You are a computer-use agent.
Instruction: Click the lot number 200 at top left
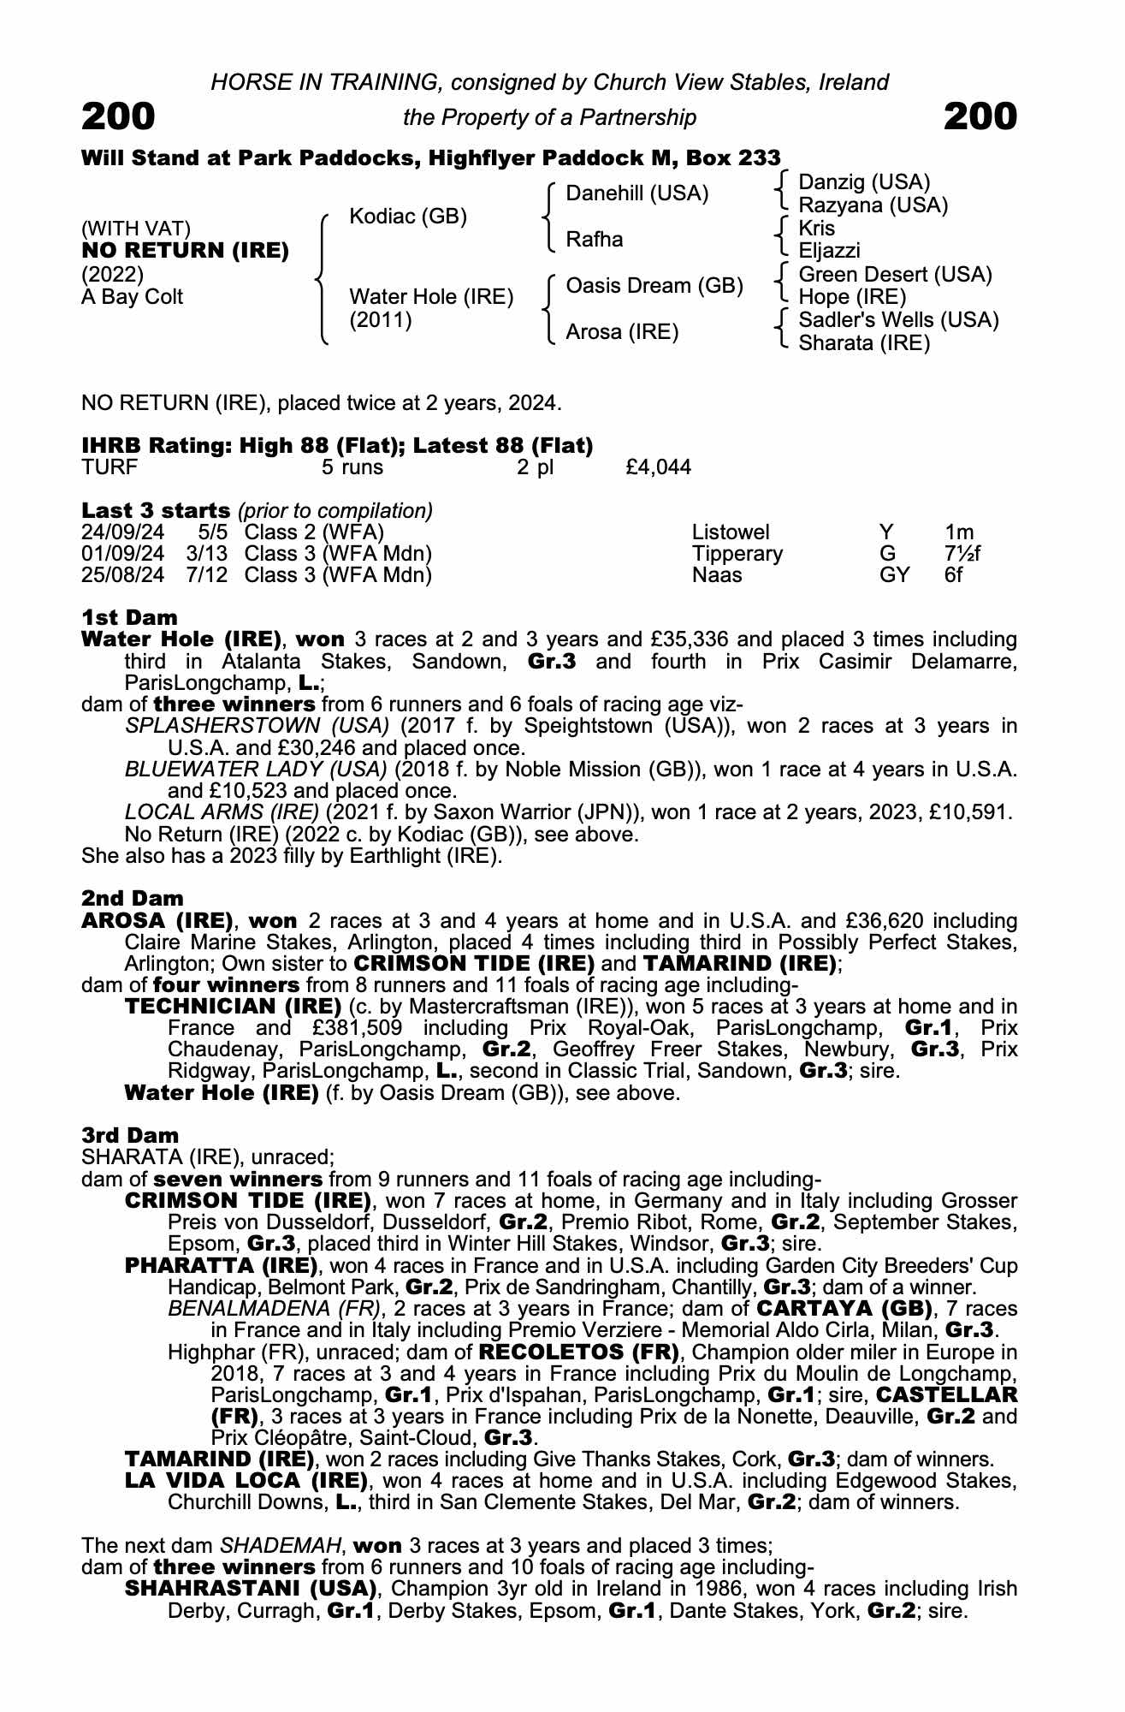click(118, 116)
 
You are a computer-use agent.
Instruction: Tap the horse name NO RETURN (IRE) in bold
click(185, 252)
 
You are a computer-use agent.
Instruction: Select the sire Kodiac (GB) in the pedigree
click(408, 217)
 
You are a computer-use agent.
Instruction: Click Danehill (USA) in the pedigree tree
click(637, 193)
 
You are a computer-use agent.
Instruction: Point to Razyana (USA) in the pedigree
click(873, 205)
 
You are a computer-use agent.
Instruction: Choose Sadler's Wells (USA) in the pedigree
click(898, 320)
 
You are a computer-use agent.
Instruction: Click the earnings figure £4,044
click(659, 467)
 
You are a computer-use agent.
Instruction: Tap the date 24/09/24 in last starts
click(122, 532)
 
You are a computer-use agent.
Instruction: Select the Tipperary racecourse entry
click(737, 554)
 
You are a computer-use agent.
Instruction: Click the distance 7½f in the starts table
click(962, 554)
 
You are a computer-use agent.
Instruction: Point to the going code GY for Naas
click(894, 575)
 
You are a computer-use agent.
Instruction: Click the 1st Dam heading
click(129, 617)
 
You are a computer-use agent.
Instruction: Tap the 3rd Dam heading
click(130, 1135)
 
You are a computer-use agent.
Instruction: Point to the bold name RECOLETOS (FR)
click(579, 1352)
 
